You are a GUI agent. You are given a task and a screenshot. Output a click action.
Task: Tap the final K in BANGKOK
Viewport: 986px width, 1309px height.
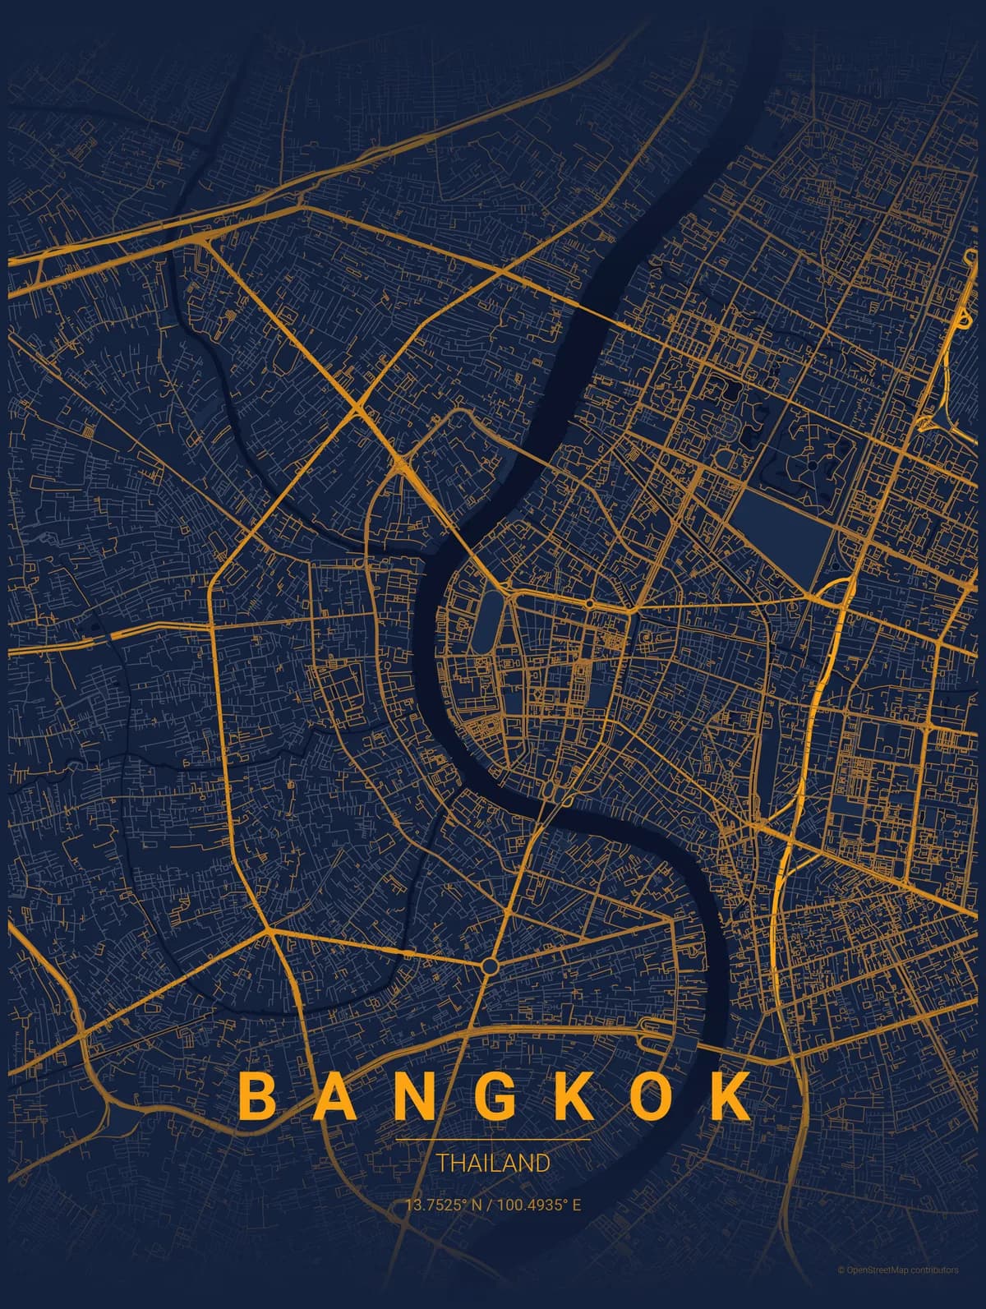click(726, 1095)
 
